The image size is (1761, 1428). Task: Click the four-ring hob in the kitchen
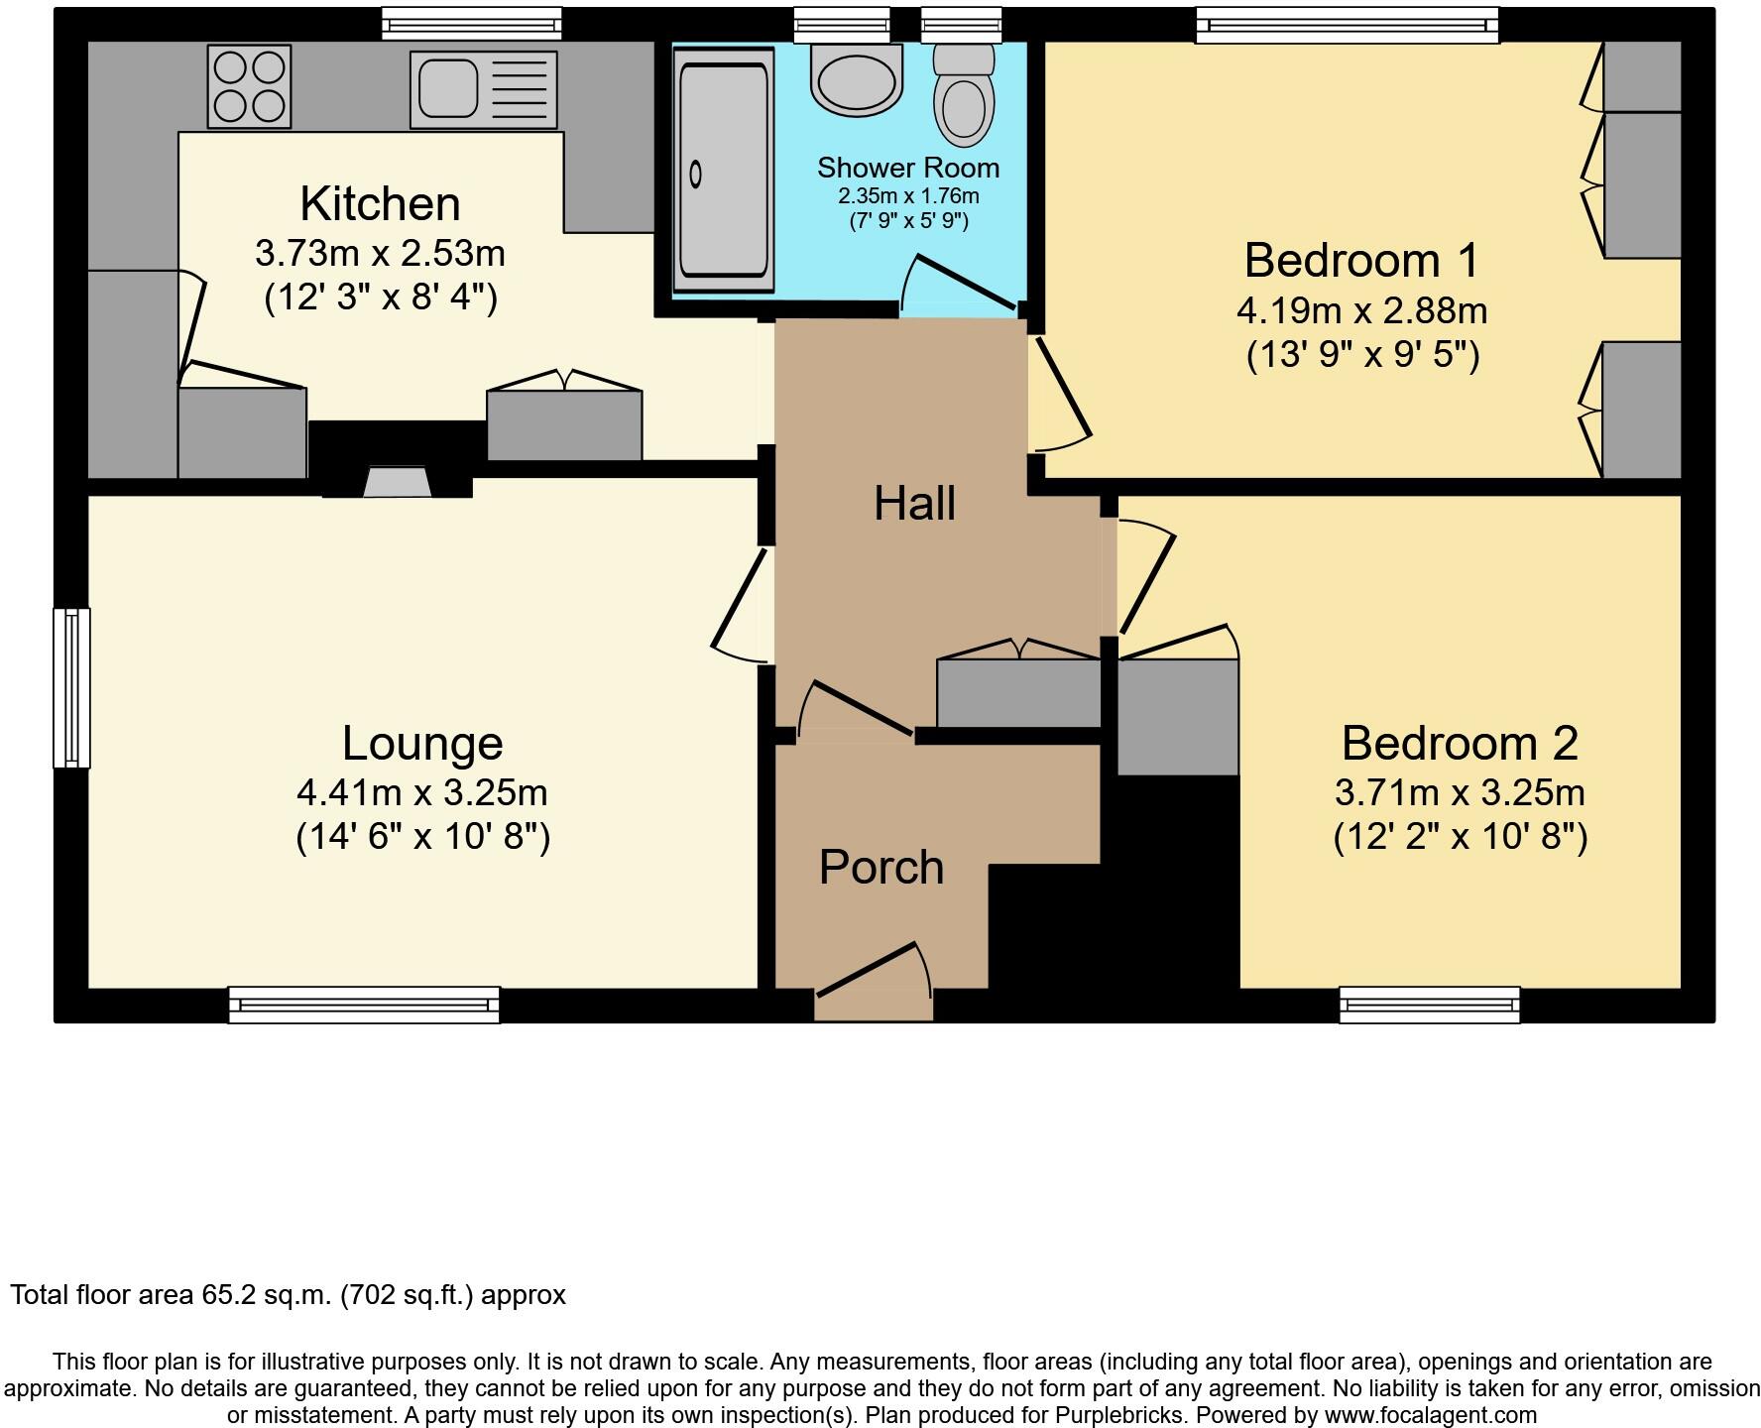click(x=249, y=87)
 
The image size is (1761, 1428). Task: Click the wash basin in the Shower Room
click(x=857, y=77)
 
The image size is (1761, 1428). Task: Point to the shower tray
click(x=724, y=171)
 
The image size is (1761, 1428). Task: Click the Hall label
click(x=914, y=504)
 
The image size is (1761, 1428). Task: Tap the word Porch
click(x=880, y=868)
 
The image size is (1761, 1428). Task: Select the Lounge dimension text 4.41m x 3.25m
click(x=422, y=793)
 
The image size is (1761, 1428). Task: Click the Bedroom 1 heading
click(x=1361, y=261)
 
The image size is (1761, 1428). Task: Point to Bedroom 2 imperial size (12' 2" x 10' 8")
click(x=1460, y=838)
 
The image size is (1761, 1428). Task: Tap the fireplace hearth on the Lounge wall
click(x=397, y=483)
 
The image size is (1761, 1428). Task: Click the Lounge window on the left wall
click(x=71, y=687)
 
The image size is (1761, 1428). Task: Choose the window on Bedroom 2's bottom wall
click(x=1429, y=1005)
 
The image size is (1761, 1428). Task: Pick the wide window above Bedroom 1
click(x=1347, y=25)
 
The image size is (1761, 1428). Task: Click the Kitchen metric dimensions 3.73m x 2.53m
click(x=380, y=254)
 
